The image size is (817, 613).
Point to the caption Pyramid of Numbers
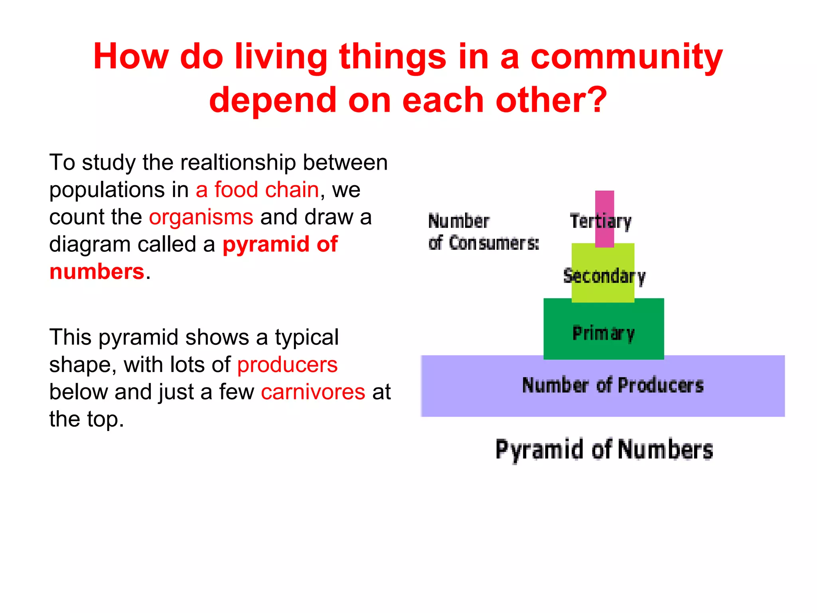[x=604, y=450]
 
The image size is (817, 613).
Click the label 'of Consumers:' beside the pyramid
[x=483, y=243]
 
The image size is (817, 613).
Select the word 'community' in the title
[x=626, y=57]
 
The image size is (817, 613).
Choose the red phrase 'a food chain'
[x=257, y=190]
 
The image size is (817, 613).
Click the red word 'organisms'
[x=201, y=217]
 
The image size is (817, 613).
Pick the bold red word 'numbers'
[x=97, y=272]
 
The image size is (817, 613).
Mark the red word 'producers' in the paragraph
[x=287, y=365]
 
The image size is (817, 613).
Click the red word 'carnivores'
[x=313, y=392]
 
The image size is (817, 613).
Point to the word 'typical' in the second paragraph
[x=306, y=337]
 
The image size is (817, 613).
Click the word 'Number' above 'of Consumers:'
[x=459, y=221]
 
